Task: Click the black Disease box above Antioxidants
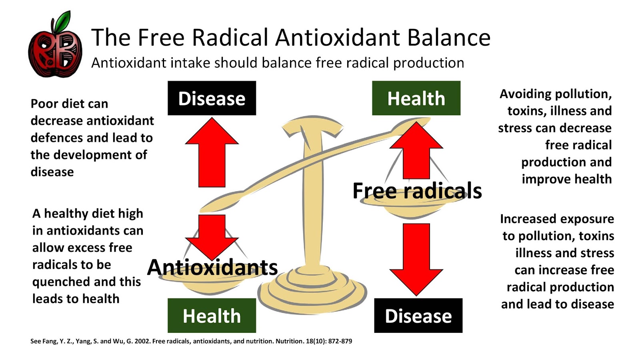[x=212, y=98]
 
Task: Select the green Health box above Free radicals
[x=416, y=98]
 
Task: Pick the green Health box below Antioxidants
[x=212, y=316]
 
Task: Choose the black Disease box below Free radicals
[x=418, y=316]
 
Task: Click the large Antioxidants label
[x=212, y=267]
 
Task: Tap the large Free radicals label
[x=417, y=190]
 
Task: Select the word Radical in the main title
[x=230, y=38]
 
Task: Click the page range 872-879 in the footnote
[x=340, y=341]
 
